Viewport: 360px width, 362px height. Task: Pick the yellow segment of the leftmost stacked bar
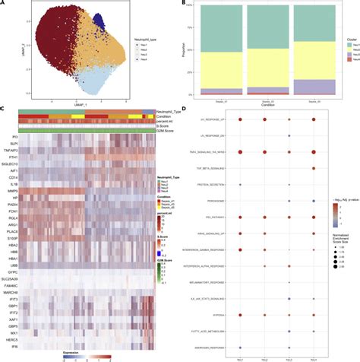tap(216, 68)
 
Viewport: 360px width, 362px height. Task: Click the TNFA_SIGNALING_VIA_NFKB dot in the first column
tap(241, 153)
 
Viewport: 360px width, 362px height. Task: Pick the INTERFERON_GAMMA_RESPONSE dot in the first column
tap(241, 249)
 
